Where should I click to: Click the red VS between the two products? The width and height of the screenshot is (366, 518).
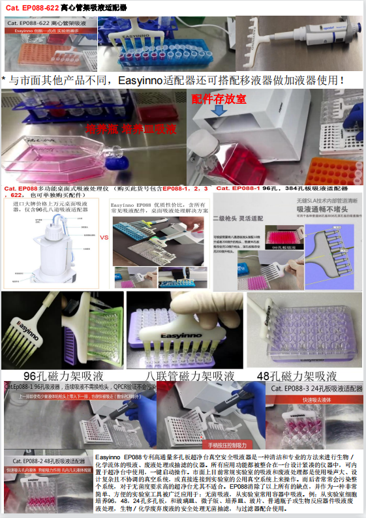(x=104, y=237)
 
